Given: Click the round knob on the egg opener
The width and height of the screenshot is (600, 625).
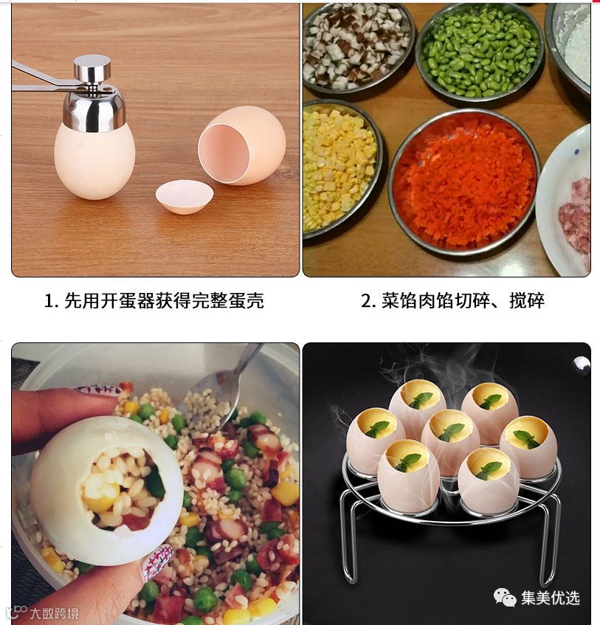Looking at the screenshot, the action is point(92,67).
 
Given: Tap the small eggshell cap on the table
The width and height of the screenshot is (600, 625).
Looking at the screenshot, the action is point(185,196).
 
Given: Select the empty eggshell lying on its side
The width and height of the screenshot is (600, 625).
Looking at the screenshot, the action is point(241,145).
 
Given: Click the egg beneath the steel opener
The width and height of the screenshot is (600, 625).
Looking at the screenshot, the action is point(94,159).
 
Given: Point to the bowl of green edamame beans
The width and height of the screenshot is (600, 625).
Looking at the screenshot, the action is point(480,51).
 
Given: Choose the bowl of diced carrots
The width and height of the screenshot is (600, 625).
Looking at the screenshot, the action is point(464,182).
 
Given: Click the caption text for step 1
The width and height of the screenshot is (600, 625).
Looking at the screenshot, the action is point(154,300).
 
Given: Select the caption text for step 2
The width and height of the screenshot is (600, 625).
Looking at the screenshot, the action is point(452,300).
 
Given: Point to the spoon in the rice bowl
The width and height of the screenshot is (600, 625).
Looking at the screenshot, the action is point(224,390).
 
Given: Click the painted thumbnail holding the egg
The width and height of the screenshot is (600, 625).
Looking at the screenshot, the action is point(158,563).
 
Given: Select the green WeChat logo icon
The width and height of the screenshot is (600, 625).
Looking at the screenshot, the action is point(505,598).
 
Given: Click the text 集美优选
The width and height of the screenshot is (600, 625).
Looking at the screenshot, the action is point(551,598).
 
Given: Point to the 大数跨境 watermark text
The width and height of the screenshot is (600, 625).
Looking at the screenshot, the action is point(55,613).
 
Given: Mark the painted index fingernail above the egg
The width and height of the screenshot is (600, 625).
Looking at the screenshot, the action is point(97,390).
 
